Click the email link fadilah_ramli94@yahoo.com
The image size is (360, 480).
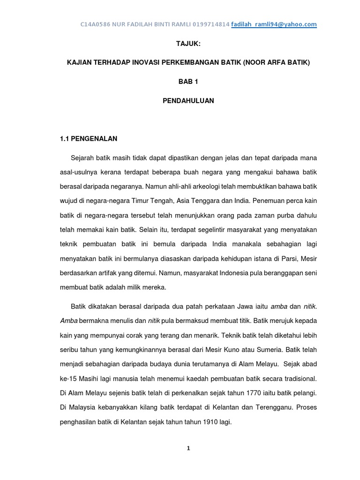(x=274, y=24)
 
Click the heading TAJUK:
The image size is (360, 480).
(x=188, y=43)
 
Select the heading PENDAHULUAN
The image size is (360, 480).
(x=188, y=101)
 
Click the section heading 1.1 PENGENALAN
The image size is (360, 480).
(x=89, y=139)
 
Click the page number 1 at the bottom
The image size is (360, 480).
(x=188, y=448)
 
